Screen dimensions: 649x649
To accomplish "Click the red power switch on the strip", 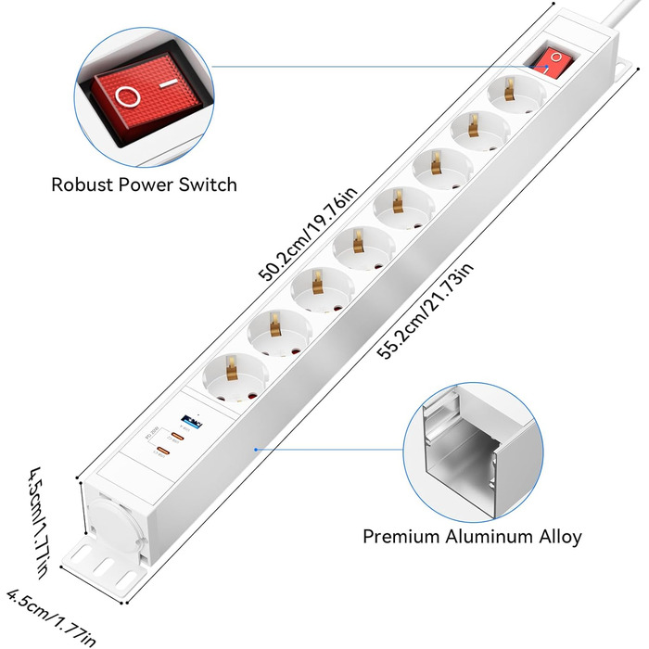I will pyautogui.click(x=546, y=57).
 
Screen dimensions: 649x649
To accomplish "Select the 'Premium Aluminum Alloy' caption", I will pyautogui.click(x=472, y=536).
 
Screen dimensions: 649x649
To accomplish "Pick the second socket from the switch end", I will pyautogui.click(x=472, y=134).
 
